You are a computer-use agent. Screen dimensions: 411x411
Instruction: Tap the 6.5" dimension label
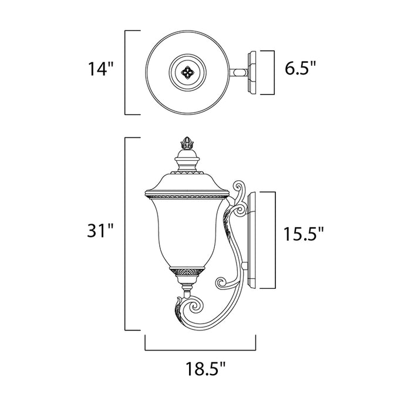305,69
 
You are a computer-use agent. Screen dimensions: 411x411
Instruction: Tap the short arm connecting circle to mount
239,73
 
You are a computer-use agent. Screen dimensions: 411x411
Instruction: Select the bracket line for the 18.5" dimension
201,349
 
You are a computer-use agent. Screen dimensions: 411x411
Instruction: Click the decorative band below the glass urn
187,271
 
